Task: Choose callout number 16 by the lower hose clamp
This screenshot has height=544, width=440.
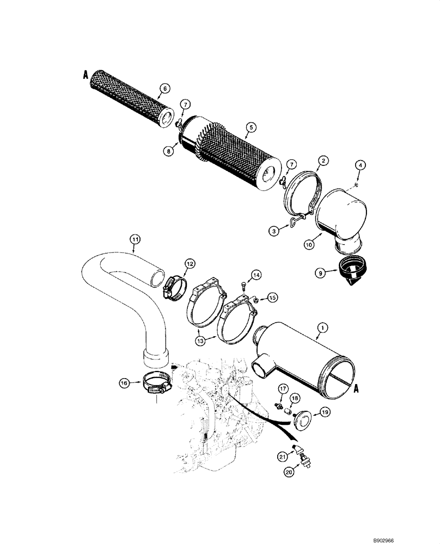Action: click(x=125, y=382)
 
